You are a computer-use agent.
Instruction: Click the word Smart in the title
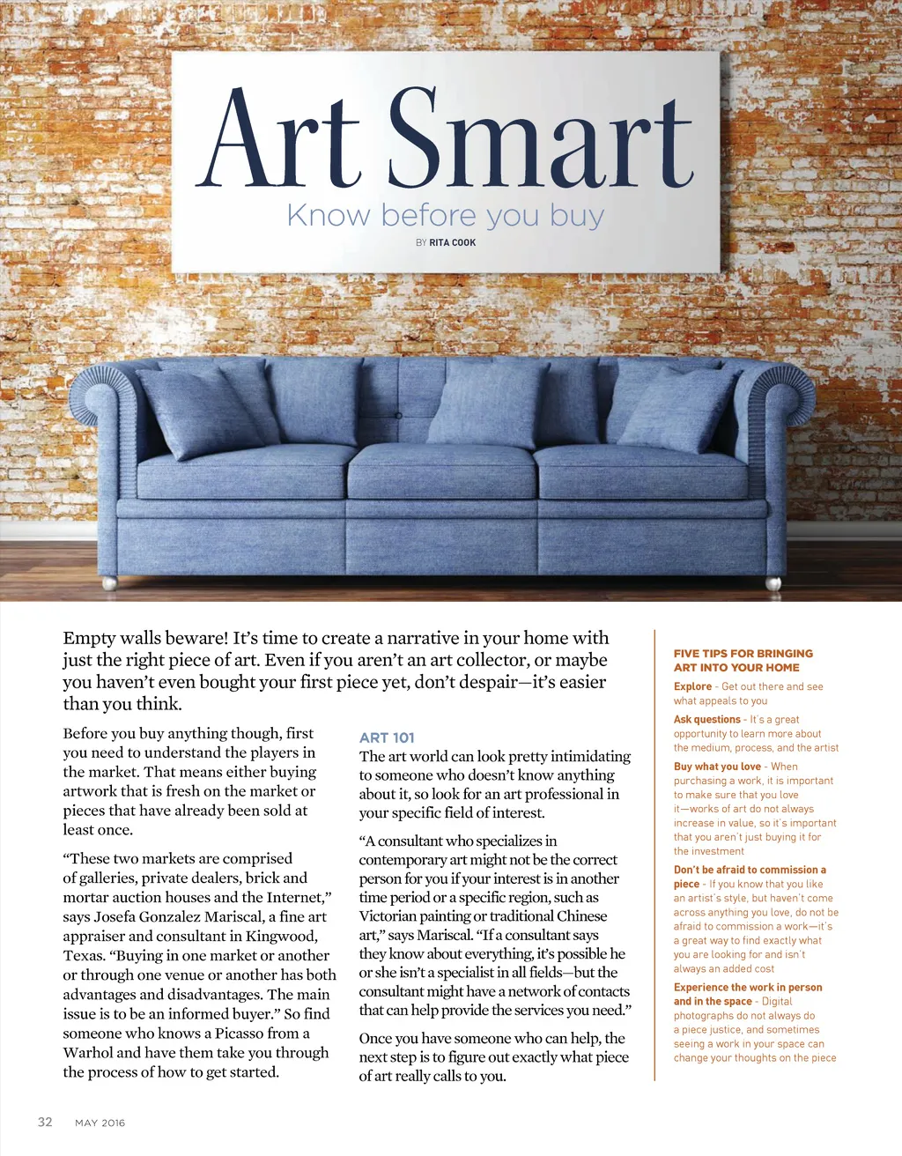540,139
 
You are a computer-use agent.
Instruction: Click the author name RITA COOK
452,242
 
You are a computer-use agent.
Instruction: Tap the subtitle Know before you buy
445,215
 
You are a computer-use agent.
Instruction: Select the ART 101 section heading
387,737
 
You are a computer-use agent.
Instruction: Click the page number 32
45,1122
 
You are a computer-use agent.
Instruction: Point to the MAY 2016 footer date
100,1123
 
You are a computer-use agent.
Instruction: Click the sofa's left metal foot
109,582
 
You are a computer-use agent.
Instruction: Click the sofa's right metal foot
773,582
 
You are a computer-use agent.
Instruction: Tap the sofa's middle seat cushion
441,471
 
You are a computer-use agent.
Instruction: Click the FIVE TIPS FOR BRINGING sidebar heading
743,654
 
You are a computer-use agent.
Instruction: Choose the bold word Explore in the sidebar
692,686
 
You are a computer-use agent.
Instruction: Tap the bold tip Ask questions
706,719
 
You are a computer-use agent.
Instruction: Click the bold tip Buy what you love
717,767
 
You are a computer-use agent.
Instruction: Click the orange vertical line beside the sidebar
654,855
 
